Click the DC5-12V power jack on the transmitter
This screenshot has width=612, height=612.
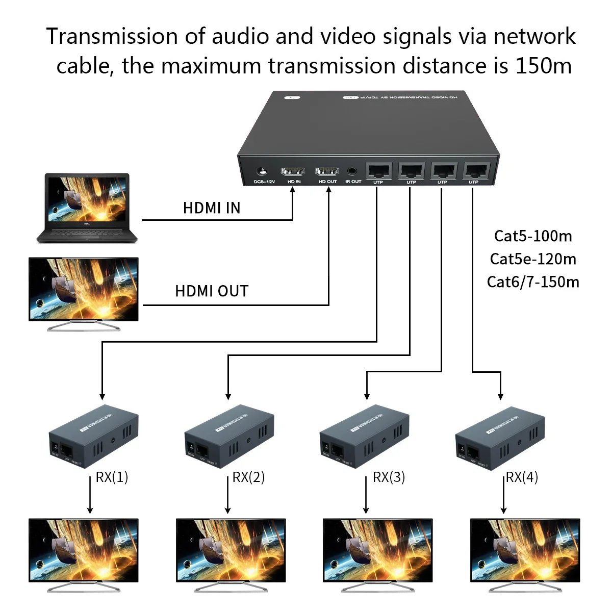pos(263,172)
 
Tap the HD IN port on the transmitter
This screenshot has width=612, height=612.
pos(293,171)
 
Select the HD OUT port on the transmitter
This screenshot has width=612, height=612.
pos(327,171)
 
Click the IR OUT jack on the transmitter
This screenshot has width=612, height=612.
pos(352,172)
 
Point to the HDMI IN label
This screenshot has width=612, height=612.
pos(212,208)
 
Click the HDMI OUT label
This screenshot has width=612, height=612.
pos(212,291)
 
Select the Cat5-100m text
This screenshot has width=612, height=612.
pos(533,236)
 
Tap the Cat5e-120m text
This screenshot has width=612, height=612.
pos(533,259)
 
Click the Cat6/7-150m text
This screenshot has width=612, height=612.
pos(533,282)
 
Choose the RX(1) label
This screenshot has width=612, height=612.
pos(112,477)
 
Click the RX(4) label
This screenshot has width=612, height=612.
pos(522,477)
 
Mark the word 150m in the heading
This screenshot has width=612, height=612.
pos(544,66)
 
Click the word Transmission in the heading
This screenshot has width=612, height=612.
pos(112,36)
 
